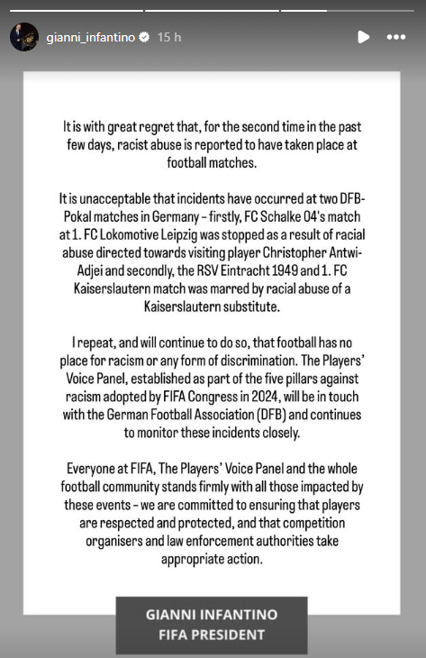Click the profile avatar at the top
coord(24,37)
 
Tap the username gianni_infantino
coord(90,38)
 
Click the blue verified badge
coord(144,38)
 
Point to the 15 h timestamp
coord(169,38)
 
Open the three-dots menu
coord(395,37)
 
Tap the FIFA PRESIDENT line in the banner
coord(213,634)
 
